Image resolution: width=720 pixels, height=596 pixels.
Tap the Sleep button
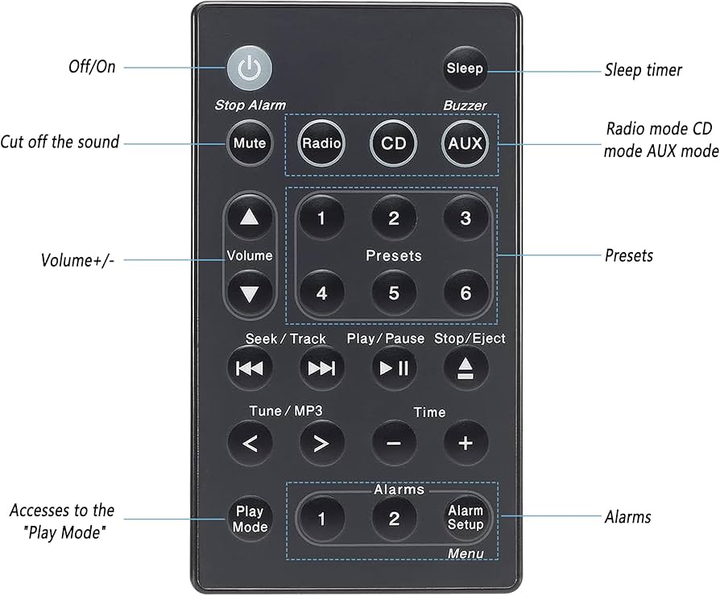click(466, 68)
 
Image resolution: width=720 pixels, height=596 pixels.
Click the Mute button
click(249, 144)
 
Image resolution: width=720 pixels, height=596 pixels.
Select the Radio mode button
click(321, 144)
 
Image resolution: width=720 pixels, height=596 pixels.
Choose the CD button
click(393, 144)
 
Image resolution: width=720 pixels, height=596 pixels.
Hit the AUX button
click(465, 144)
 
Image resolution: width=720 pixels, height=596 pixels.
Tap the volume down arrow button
click(250, 293)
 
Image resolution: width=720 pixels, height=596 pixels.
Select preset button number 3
click(466, 218)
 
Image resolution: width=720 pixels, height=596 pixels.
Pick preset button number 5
click(393, 293)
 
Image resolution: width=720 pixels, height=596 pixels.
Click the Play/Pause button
click(394, 368)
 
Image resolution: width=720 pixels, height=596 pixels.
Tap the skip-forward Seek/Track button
click(321, 368)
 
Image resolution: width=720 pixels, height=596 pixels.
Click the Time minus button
click(394, 443)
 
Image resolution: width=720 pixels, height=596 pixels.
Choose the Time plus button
click(466, 443)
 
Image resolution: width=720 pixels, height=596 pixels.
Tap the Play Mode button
click(250, 519)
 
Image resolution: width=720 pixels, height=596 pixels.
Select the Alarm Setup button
click(466, 518)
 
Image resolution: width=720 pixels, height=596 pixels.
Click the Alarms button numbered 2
click(393, 519)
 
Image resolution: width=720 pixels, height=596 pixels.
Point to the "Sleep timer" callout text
click(643, 70)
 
